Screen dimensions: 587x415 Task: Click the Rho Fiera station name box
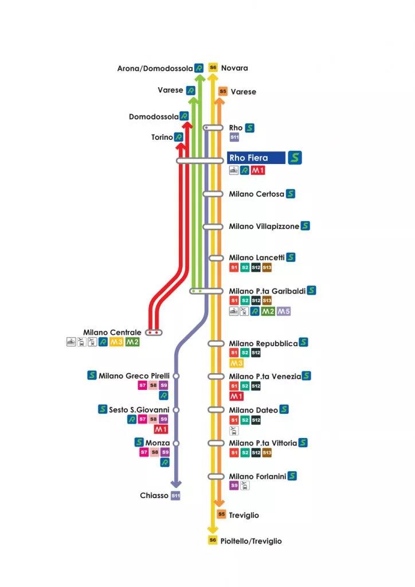pos(256,158)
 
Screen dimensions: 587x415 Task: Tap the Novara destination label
pos(234,68)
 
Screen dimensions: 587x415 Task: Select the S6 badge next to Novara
pos(213,68)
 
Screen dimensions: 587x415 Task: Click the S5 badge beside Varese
pos(223,91)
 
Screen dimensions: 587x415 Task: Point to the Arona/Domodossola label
pos(155,68)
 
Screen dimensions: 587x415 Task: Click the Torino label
pos(162,138)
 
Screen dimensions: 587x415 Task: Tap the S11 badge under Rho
pos(234,138)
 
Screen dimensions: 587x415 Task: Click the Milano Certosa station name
pos(256,194)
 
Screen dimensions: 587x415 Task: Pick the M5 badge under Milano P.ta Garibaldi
pos(284,311)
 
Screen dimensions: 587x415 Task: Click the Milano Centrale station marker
pos(154,332)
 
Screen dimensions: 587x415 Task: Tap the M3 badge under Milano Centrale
pos(116,342)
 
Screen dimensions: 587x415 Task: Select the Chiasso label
pos(154,495)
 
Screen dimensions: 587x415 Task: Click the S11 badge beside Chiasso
pos(176,495)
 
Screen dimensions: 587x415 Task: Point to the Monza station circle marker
pos(176,443)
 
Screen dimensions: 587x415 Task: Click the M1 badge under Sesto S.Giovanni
pos(161,429)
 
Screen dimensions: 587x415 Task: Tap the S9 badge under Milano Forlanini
pos(234,486)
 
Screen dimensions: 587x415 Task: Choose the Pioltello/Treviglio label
pos(251,541)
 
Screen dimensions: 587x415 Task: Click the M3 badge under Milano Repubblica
pos(236,363)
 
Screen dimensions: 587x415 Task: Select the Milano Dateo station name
pos(253,410)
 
